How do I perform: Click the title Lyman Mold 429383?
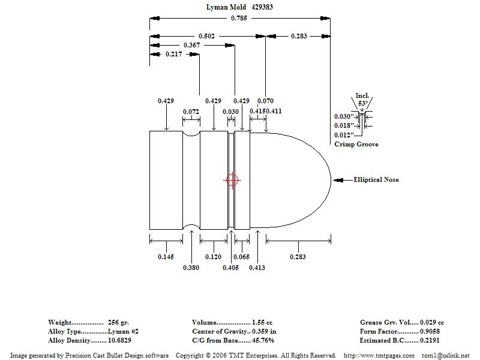click(x=239, y=8)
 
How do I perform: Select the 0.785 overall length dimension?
click(x=238, y=18)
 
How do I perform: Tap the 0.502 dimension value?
click(x=206, y=36)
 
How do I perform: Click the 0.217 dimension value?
click(x=174, y=54)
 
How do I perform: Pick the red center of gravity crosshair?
click(x=232, y=180)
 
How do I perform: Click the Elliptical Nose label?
click(x=376, y=179)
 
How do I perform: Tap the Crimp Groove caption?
click(x=356, y=144)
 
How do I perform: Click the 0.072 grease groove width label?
click(x=191, y=112)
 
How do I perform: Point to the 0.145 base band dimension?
click(x=166, y=256)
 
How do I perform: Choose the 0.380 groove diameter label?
click(x=191, y=268)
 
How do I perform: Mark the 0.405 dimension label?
click(x=231, y=268)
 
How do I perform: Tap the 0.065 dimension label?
click(x=241, y=256)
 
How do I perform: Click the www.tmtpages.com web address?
click(x=378, y=355)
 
